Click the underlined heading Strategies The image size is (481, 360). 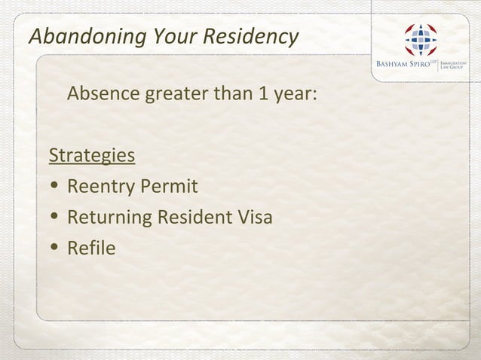coord(92,156)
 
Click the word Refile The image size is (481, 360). coord(91,247)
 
